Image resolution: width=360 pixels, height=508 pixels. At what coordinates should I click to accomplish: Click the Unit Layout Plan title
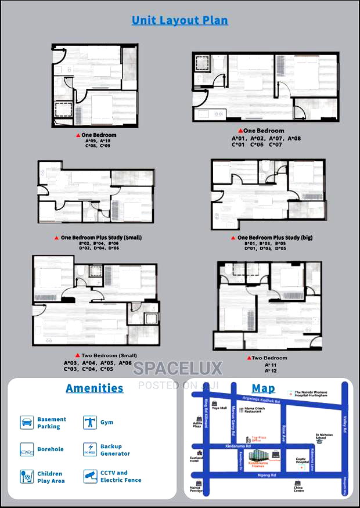click(x=179, y=20)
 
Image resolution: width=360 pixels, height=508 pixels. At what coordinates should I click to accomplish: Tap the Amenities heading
click(x=95, y=388)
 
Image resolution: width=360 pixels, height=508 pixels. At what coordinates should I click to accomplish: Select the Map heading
click(x=263, y=388)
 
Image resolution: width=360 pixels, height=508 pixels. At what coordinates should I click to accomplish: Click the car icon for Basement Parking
click(x=27, y=422)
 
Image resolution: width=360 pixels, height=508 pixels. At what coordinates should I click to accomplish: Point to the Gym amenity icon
click(x=89, y=422)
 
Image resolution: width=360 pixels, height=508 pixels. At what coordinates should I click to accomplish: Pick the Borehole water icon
click(x=27, y=449)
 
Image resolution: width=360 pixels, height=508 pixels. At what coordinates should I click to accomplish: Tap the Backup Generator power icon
click(x=89, y=449)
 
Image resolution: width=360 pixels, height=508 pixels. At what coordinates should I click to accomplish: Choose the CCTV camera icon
click(x=89, y=477)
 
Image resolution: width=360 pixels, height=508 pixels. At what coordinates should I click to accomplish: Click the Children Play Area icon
click(x=27, y=477)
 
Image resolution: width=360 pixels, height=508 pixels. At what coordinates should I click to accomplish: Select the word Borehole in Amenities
click(x=51, y=449)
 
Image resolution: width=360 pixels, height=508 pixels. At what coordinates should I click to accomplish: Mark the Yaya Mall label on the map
click(x=219, y=408)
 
